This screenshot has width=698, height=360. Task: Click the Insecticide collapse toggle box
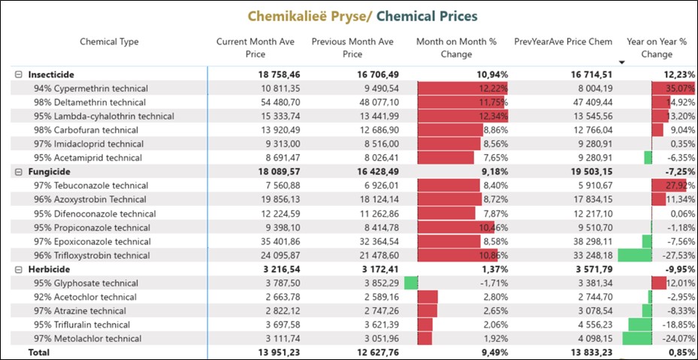pyautogui.click(x=19, y=74)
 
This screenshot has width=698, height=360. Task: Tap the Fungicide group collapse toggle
pyautogui.click(x=19, y=171)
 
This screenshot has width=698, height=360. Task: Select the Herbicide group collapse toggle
pyautogui.click(x=19, y=269)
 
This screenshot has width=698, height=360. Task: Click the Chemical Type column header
pyautogui.click(x=109, y=42)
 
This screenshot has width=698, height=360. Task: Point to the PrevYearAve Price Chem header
pyautogui.click(x=563, y=42)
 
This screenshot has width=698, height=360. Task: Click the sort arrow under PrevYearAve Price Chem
pyautogui.click(x=621, y=62)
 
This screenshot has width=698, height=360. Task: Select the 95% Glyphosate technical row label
pyautogui.click(x=86, y=283)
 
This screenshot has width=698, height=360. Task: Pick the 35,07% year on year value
pyautogui.click(x=678, y=89)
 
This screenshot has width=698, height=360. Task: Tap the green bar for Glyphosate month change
pyautogui.click(x=410, y=283)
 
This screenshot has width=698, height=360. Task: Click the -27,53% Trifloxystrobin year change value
pyautogui.click(x=677, y=256)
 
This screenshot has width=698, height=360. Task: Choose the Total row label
pyautogui.click(x=39, y=352)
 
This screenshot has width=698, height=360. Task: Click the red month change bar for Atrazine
pyautogui.click(x=427, y=311)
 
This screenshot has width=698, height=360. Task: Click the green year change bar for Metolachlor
pyautogui.click(x=637, y=339)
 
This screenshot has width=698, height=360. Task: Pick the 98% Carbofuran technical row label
pyautogui.click(x=86, y=130)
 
